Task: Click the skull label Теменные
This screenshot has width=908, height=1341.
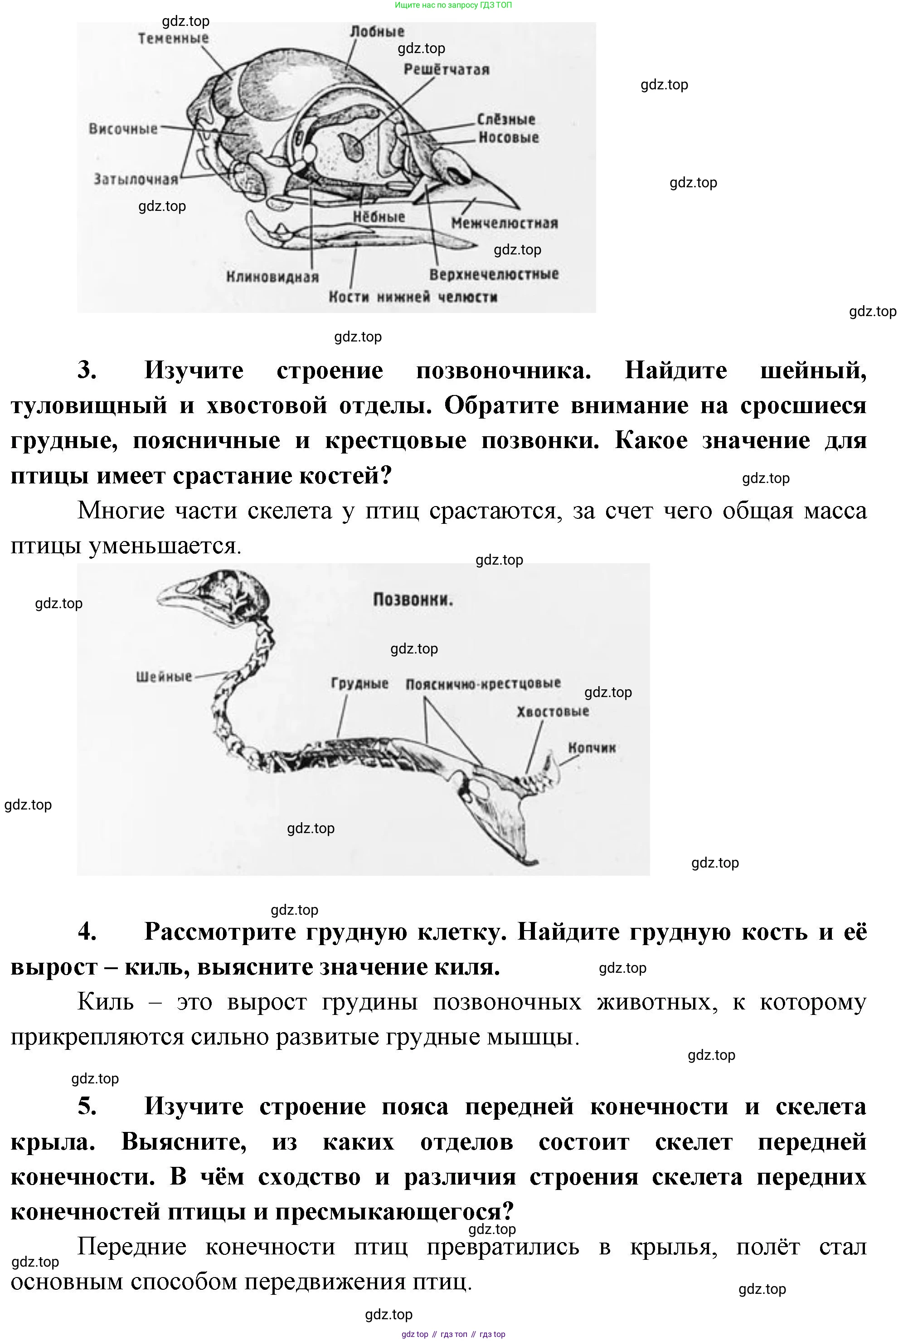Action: point(173,39)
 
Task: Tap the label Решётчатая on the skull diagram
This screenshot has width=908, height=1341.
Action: point(446,70)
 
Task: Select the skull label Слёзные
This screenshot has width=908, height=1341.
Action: point(506,119)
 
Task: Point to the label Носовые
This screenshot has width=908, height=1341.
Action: point(508,137)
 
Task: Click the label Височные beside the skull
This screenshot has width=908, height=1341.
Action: point(123,129)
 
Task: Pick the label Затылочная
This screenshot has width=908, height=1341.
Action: point(136,180)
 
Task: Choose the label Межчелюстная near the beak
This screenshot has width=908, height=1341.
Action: point(504,223)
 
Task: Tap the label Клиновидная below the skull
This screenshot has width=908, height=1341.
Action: point(272,277)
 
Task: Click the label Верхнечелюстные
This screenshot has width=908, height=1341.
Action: point(494,274)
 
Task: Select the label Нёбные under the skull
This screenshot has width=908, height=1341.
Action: point(379,217)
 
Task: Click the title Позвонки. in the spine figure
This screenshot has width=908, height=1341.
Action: point(413,600)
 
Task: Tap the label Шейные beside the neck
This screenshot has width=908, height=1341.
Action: point(164,676)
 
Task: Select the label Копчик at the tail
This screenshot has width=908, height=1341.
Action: point(592,748)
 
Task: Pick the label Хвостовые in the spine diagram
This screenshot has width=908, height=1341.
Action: point(553,712)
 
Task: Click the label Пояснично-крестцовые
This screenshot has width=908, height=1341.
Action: point(483,684)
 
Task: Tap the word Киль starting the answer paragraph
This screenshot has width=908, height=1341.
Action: point(106,1002)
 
